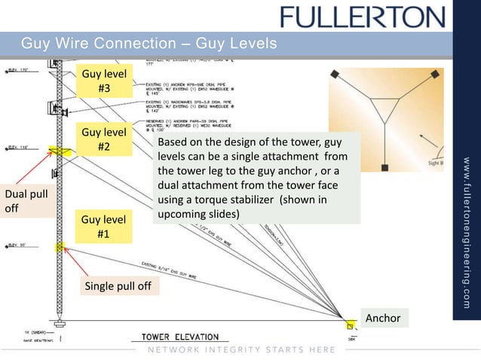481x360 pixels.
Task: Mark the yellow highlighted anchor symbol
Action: tap(349, 325)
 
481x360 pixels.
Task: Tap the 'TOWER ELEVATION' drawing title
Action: tap(175, 337)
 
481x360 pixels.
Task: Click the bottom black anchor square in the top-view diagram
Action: tap(384, 166)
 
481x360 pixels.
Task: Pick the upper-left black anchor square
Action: tap(335, 73)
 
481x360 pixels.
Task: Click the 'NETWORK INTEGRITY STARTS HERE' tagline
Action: tap(231, 350)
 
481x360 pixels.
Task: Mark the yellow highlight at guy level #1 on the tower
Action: tap(59, 247)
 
